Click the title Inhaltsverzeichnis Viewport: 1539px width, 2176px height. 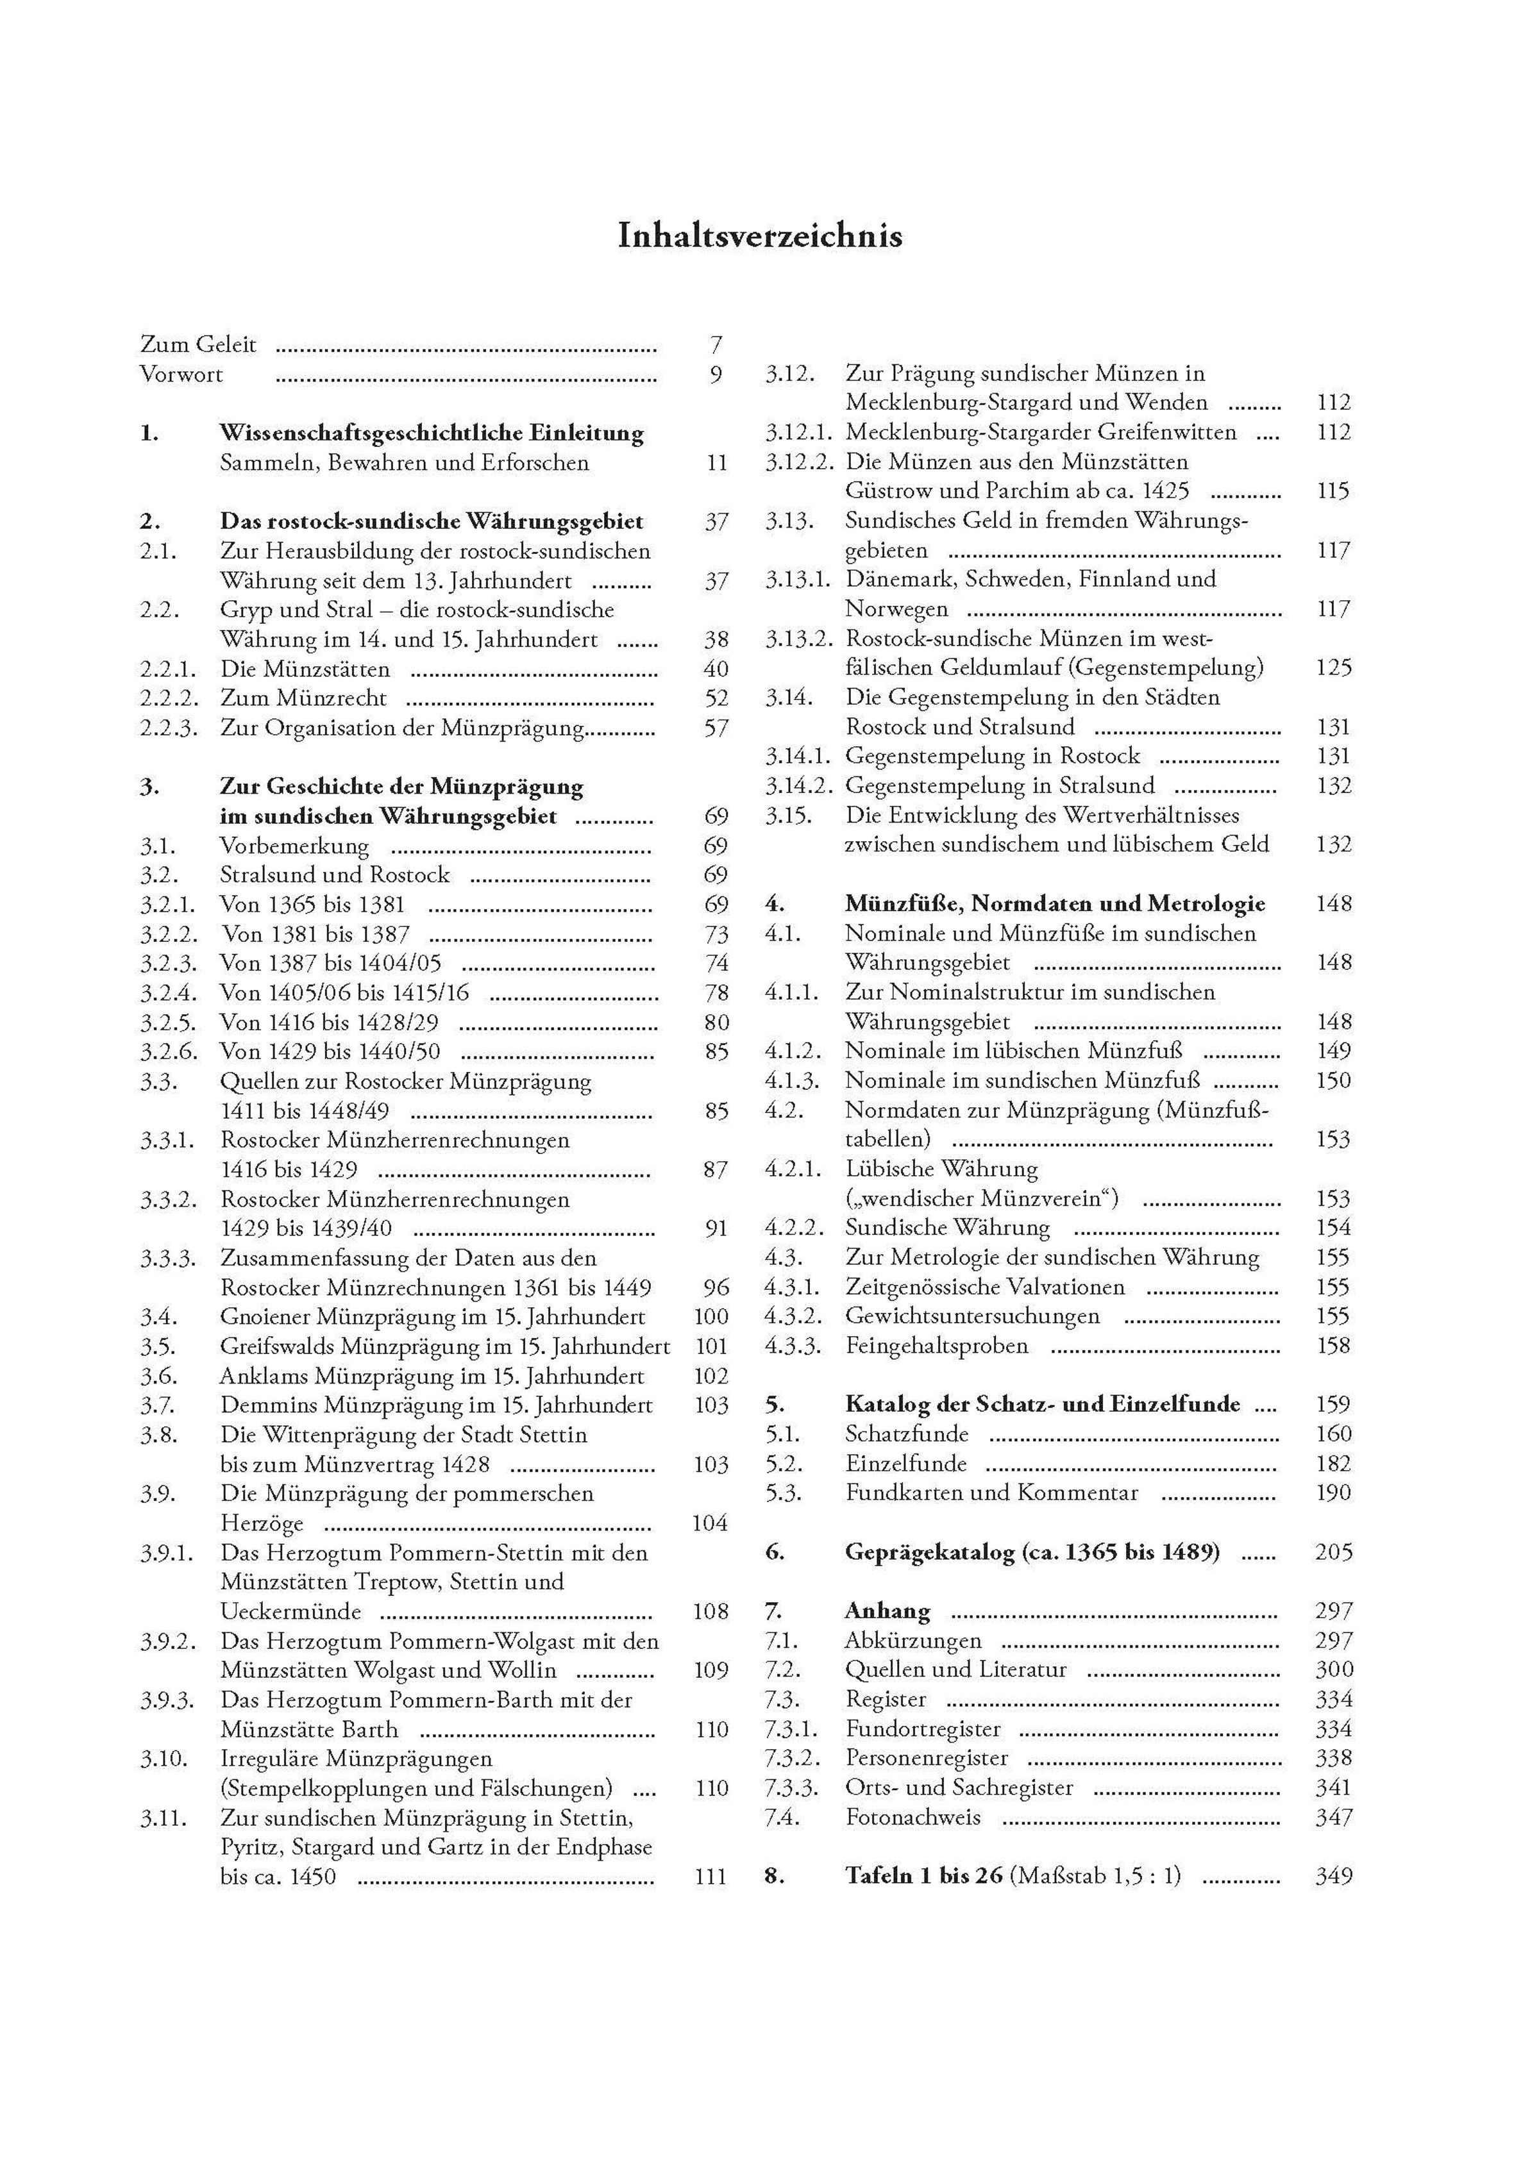point(759,236)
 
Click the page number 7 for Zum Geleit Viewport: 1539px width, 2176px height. point(716,345)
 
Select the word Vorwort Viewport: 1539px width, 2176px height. point(181,374)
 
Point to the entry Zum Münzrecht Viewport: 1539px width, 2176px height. point(303,698)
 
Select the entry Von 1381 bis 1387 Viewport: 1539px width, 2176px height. point(315,935)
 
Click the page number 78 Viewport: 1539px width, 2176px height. point(716,993)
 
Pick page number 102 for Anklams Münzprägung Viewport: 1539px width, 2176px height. point(710,1376)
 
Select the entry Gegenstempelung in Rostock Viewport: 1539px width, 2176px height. point(992,757)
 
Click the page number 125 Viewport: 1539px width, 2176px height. point(1333,668)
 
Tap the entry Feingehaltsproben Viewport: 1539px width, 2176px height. point(936,1346)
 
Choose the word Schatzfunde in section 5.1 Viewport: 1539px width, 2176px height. point(906,1434)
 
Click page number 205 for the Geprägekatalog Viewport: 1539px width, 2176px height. point(1333,1552)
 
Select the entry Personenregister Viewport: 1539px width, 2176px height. point(926,1758)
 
